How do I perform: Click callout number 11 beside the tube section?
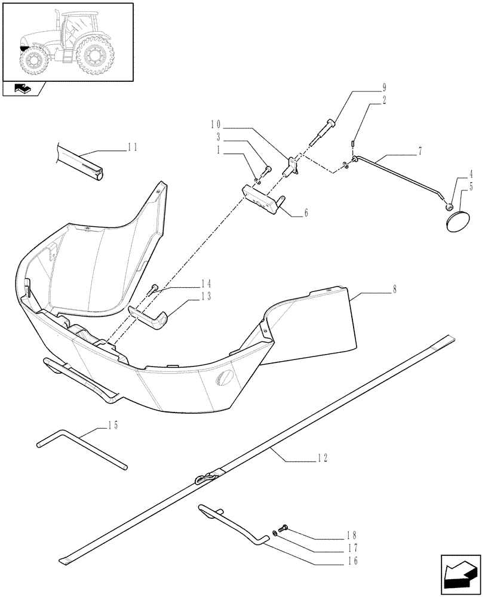click(132, 146)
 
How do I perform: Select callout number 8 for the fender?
click(395, 288)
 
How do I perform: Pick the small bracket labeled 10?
click(292, 165)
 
